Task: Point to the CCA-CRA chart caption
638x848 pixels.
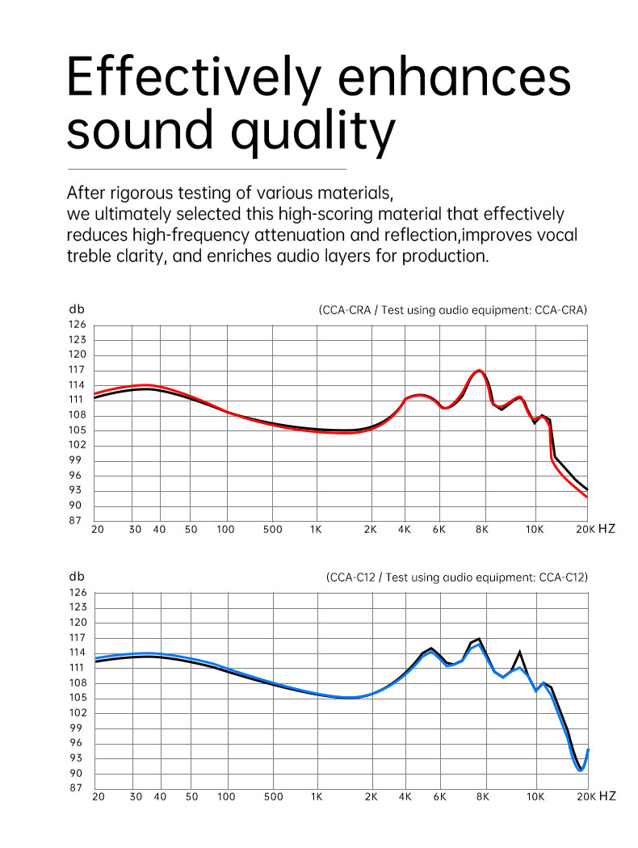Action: [x=452, y=309]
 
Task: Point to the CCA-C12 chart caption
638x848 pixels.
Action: [x=456, y=577]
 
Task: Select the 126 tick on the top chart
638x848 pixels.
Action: [x=77, y=325]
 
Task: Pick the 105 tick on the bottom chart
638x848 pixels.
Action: [x=77, y=698]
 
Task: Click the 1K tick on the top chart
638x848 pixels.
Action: [x=316, y=530]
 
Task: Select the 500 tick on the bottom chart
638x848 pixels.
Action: [x=273, y=796]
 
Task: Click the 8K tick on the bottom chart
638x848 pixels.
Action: [x=482, y=796]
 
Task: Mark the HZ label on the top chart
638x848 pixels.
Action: [x=607, y=530]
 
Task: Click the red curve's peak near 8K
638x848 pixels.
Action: [x=480, y=371]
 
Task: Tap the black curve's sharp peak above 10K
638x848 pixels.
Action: [x=519, y=652]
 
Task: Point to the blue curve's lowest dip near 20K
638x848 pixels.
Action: [x=580, y=770]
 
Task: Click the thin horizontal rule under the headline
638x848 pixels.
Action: [x=206, y=169]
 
